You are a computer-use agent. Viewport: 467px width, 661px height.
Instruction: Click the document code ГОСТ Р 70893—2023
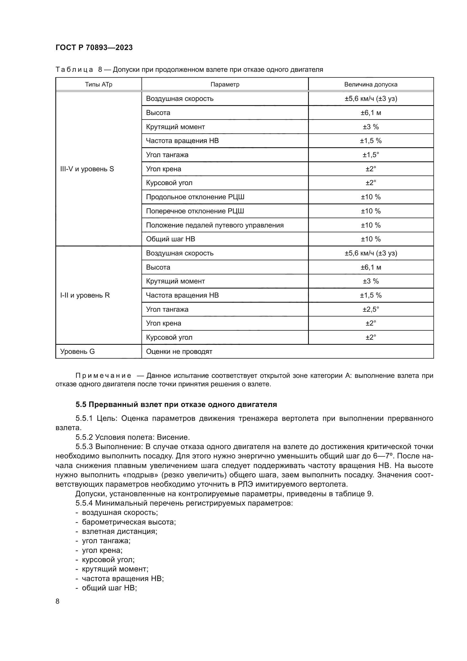tap(94, 47)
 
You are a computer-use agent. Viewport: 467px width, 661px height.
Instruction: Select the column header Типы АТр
tap(98, 84)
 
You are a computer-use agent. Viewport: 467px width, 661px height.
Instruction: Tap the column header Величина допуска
tap(370, 84)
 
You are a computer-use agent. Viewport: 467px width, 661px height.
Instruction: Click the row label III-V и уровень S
tap(87, 169)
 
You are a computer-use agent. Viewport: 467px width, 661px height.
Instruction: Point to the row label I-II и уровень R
tap(85, 295)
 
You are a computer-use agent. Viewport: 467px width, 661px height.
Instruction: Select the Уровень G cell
tap(77, 351)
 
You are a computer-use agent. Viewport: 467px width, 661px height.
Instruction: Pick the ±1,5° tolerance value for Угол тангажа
tap(370, 155)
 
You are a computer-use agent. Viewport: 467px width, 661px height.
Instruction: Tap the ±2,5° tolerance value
tap(370, 309)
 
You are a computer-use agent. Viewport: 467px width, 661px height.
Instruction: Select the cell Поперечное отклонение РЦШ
tap(195, 211)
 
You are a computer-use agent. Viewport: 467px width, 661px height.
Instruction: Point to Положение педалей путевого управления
tap(215, 225)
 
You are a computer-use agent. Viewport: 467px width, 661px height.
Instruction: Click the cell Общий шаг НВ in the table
tap(170, 239)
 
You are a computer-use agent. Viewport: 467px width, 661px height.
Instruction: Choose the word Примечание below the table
tap(103, 375)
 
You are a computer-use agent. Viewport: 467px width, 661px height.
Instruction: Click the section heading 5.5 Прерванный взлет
tap(176, 404)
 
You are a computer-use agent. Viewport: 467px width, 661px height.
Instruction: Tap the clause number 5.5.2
tap(84, 437)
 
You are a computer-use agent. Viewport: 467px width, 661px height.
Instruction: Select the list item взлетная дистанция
tap(119, 531)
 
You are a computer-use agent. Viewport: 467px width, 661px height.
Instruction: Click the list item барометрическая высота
tap(128, 522)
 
